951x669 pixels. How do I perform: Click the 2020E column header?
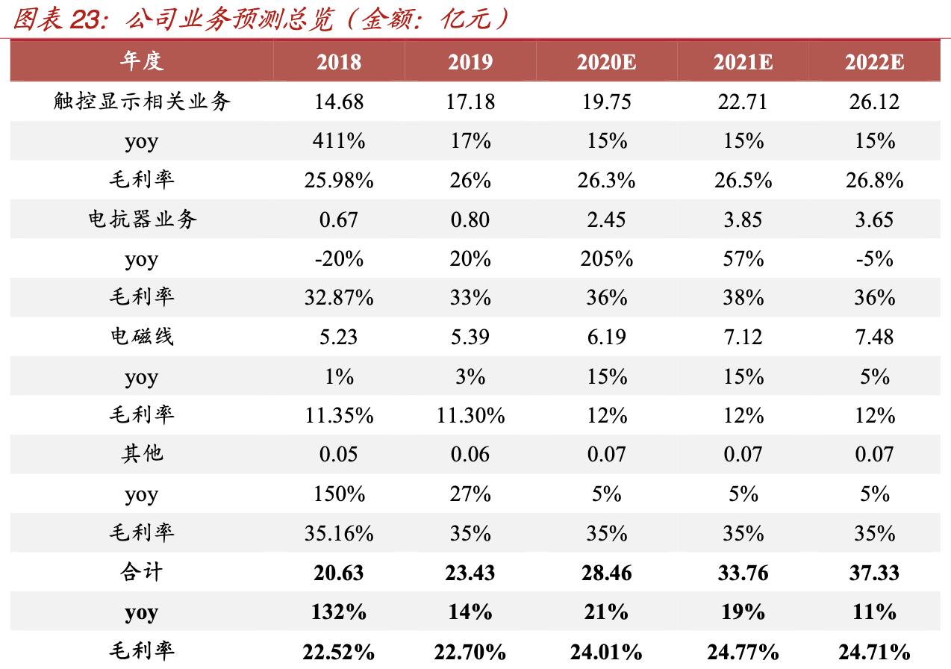click(x=605, y=62)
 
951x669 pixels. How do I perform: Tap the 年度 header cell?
click(x=141, y=62)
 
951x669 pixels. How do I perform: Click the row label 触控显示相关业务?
click(x=141, y=102)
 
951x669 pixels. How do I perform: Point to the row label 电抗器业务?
click(x=141, y=220)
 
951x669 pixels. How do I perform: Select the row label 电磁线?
click(x=141, y=337)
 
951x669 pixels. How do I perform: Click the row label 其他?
click(x=141, y=454)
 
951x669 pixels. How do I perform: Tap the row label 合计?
click(x=141, y=573)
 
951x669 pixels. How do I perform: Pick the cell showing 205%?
click(x=606, y=259)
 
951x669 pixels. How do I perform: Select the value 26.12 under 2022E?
click(x=873, y=102)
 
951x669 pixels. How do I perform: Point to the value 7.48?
click(x=873, y=337)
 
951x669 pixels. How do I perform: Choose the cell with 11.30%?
click(x=470, y=416)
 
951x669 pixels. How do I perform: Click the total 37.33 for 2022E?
click(x=873, y=573)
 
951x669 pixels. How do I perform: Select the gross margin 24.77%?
click(x=742, y=652)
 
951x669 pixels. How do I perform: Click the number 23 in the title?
click(x=87, y=20)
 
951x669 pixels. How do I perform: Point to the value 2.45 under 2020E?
click(x=606, y=220)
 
